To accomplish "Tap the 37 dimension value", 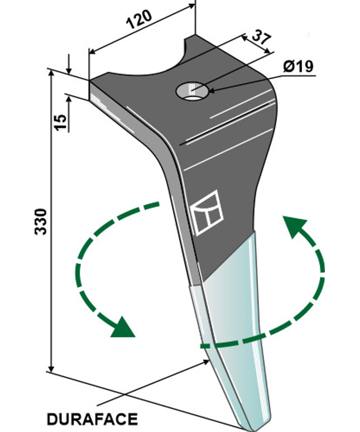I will tap(258, 40).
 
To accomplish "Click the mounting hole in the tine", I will tap(191, 92).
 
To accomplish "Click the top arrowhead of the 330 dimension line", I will tap(51, 75).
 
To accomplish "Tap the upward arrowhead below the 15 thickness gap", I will tap(69, 98).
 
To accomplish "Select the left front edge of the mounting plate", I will tap(112, 112).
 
